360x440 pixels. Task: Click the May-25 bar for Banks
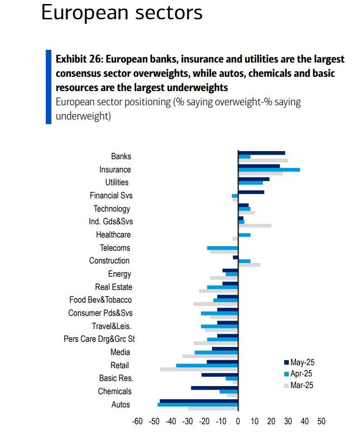[x=261, y=153]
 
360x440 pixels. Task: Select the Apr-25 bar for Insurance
[x=268, y=170]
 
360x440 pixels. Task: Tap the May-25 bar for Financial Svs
[x=251, y=192]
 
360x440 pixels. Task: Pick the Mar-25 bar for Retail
[x=199, y=369]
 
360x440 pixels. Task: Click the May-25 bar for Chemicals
[x=215, y=388]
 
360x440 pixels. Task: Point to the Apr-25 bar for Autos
[x=198, y=405]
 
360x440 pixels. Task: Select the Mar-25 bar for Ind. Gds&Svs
[x=255, y=225]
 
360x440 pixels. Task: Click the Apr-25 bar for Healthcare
[x=244, y=235]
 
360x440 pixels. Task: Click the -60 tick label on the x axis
[x=137, y=422]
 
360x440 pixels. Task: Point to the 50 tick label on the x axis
[x=321, y=422]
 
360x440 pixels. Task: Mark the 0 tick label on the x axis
[x=238, y=422]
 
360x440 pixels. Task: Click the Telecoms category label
[x=115, y=248]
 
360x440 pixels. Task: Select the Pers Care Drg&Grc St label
[x=99, y=339]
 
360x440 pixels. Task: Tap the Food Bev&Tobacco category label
[x=100, y=300]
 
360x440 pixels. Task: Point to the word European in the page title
[x=81, y=12]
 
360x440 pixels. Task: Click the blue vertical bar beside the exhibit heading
[x=48, y=86]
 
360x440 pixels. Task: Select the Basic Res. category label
[x=116, y=378]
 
